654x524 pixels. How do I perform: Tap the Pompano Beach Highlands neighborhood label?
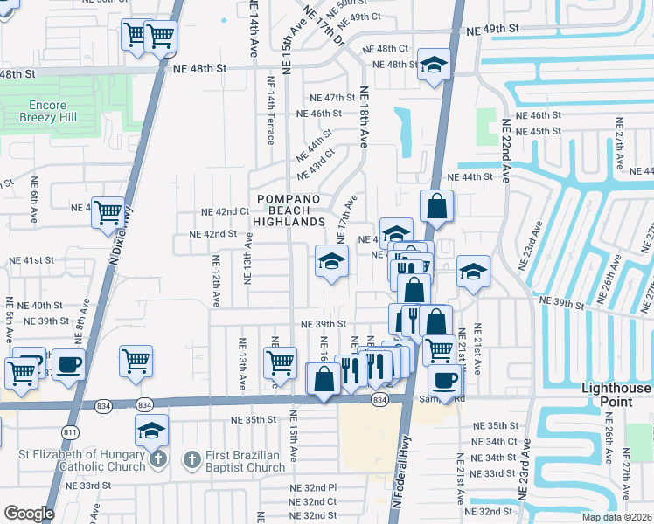tap(289, 210)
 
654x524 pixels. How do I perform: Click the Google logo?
tap(29, 513)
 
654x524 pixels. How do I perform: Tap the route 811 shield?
tap(71, 432)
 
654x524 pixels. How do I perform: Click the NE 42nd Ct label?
tap(226, 212)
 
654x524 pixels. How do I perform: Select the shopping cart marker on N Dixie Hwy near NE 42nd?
tap(108, 211)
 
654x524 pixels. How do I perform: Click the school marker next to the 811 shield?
tap(152, 430)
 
